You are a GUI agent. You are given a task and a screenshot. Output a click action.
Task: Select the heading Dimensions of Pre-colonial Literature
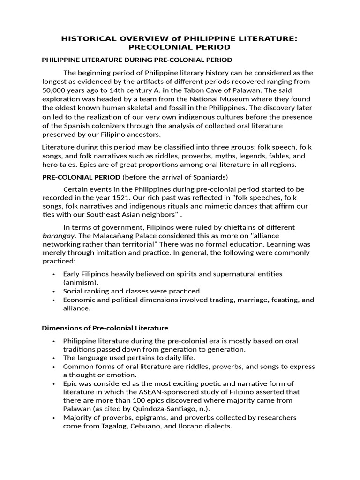(x=105, y=328)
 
